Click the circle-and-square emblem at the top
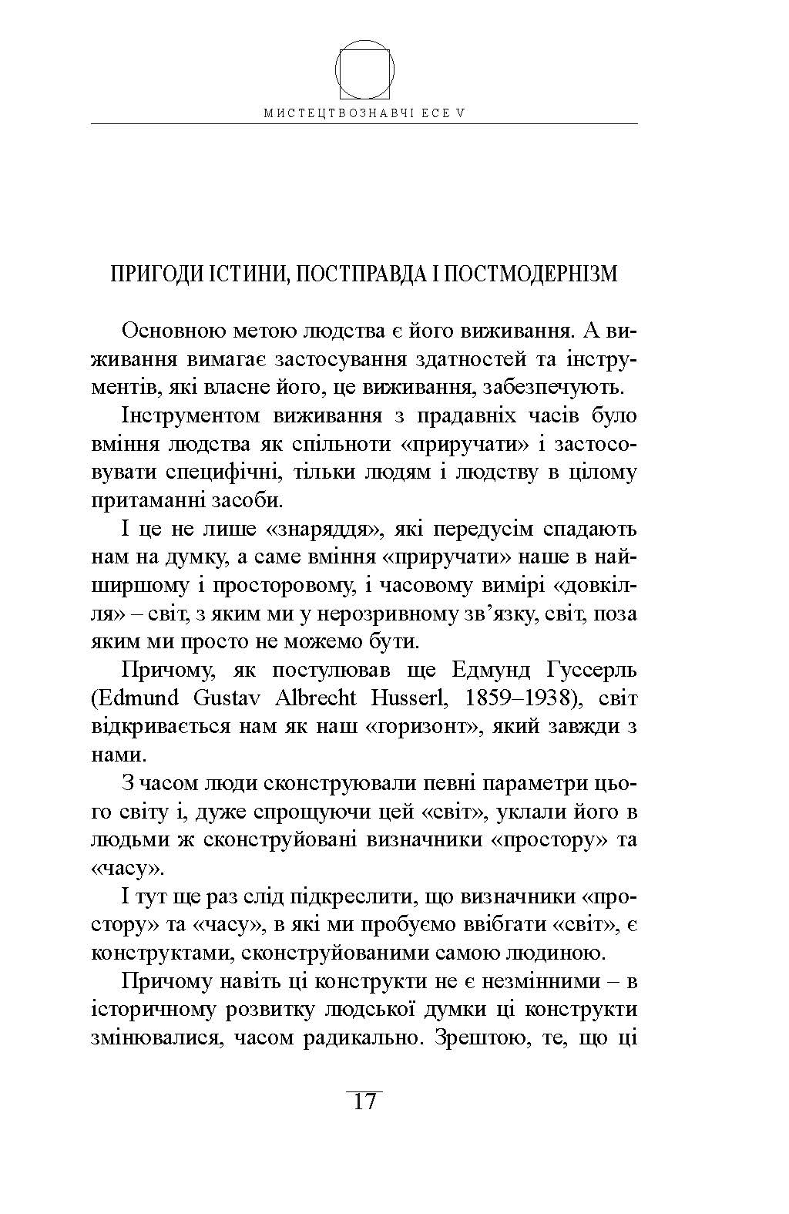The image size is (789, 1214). (x=365, y=70)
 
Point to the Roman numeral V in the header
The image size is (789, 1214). (x=461, y=113)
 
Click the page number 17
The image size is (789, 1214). (x=364, y=1101)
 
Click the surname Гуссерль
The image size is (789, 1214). (x=589, y=670)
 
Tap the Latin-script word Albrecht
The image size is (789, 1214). (x=312, y=698)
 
